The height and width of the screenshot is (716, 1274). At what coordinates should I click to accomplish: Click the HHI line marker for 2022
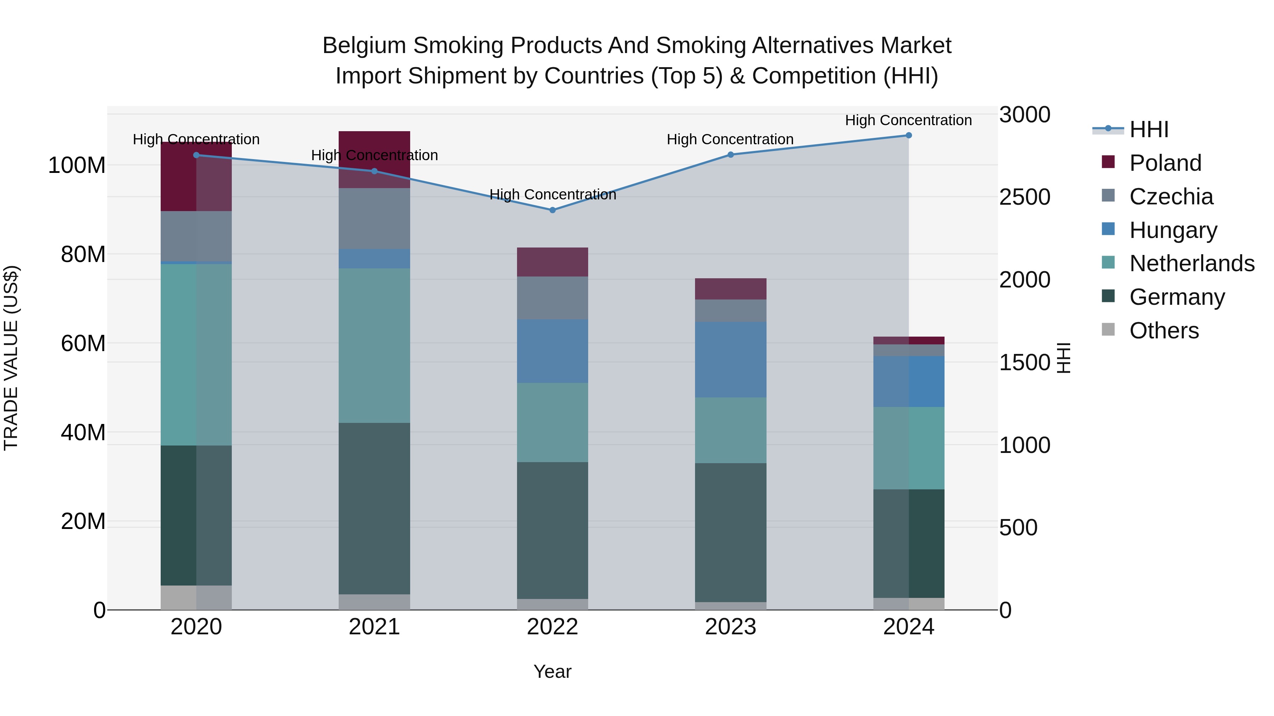pos(552,210)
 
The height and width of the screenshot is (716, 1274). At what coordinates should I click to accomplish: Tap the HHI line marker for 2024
pos(908,135)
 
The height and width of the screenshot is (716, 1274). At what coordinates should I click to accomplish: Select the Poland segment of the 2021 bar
pos(374,159)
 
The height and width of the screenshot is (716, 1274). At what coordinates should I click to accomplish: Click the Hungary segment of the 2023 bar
pos(730,359)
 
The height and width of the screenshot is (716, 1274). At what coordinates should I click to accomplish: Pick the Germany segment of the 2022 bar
pos(552,530)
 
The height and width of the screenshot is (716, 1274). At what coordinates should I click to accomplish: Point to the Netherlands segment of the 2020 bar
pos(196,354)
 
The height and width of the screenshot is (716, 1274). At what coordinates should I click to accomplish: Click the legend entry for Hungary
pos(1173,230)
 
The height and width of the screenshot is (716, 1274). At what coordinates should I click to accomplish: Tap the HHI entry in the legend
pos(1148,129)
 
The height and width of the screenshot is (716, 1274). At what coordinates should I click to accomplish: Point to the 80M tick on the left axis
pos(83,255)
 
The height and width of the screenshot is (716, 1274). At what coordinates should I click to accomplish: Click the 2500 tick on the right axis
pos(1024,197)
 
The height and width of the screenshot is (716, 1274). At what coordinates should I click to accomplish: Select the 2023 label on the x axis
pos(730,627)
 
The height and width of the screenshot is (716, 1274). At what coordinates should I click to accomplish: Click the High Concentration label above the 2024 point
pos(908,120)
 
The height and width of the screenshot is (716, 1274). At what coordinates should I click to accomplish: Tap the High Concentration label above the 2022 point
pos(552,195)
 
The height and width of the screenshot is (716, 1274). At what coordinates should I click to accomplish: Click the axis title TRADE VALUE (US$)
pos(11,358)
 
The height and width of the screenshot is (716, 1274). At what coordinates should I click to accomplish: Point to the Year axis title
pos(552,671)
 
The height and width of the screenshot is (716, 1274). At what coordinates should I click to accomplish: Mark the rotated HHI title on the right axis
pos(1063,358)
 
